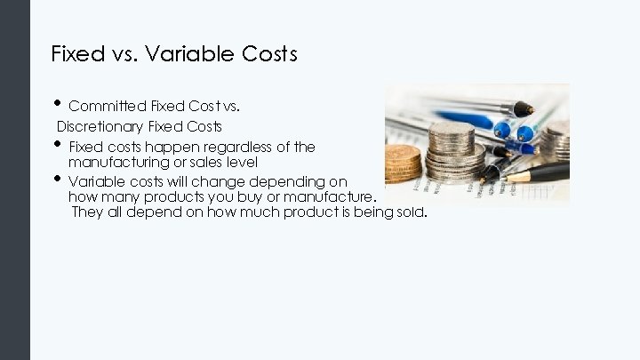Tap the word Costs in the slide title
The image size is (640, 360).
(269, 54)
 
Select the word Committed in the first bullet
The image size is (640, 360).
(103, 107)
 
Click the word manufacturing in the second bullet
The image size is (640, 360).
(116, 163)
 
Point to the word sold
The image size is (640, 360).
(412, 212)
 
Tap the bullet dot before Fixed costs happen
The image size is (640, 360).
(58, 144)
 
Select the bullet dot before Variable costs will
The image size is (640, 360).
(58, 179)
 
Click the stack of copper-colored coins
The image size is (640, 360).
(403, 164)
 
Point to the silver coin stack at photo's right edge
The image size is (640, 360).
(558, 142)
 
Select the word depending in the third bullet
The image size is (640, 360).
(278, 180)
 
